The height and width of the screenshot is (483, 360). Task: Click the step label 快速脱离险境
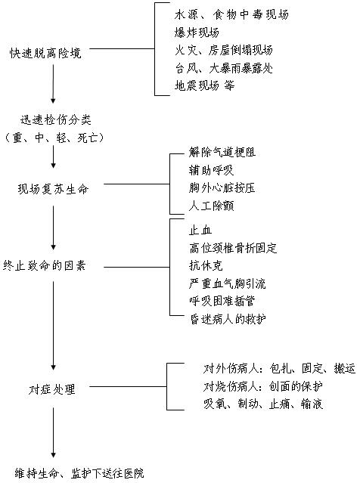[45, 53]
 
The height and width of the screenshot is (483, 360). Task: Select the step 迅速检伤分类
[56, 120]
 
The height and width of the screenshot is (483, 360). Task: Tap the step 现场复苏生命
[53, 189]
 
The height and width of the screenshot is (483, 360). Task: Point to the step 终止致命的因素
[44, 265]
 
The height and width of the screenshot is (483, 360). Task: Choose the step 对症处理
[51, 389]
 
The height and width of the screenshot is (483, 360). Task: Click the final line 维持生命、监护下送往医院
[79, 473]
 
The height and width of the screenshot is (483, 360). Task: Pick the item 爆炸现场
[197, 32]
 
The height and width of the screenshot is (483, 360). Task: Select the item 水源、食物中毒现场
[231, 14]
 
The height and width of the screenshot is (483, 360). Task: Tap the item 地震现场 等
[205, 85]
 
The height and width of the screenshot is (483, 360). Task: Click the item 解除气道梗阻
[222, 152]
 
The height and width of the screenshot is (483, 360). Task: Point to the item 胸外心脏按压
[222, 187]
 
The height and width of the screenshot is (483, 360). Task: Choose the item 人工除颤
[212, 206]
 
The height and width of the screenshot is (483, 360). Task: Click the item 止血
[200, 230]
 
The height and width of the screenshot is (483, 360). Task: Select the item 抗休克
[206, 265]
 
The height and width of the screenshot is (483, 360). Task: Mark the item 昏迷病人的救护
[228, 319]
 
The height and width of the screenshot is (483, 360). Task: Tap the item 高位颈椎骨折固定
[233, 248]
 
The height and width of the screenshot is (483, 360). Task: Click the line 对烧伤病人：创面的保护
[263, 386]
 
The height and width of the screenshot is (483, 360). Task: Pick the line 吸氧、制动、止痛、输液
[263, 404]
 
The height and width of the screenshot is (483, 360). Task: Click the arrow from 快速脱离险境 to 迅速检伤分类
[53, 83]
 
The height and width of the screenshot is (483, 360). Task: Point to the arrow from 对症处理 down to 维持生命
[53, 432]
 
